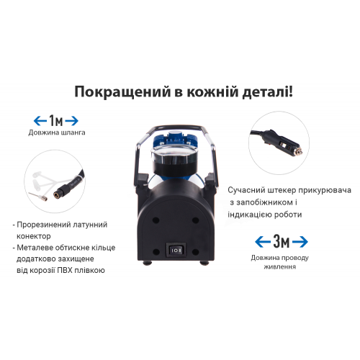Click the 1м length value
click(x=55, y=120)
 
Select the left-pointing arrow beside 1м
click(x=39, y=120)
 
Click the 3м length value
click(x=282, y=240)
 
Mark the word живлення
click(x=281, y=266)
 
